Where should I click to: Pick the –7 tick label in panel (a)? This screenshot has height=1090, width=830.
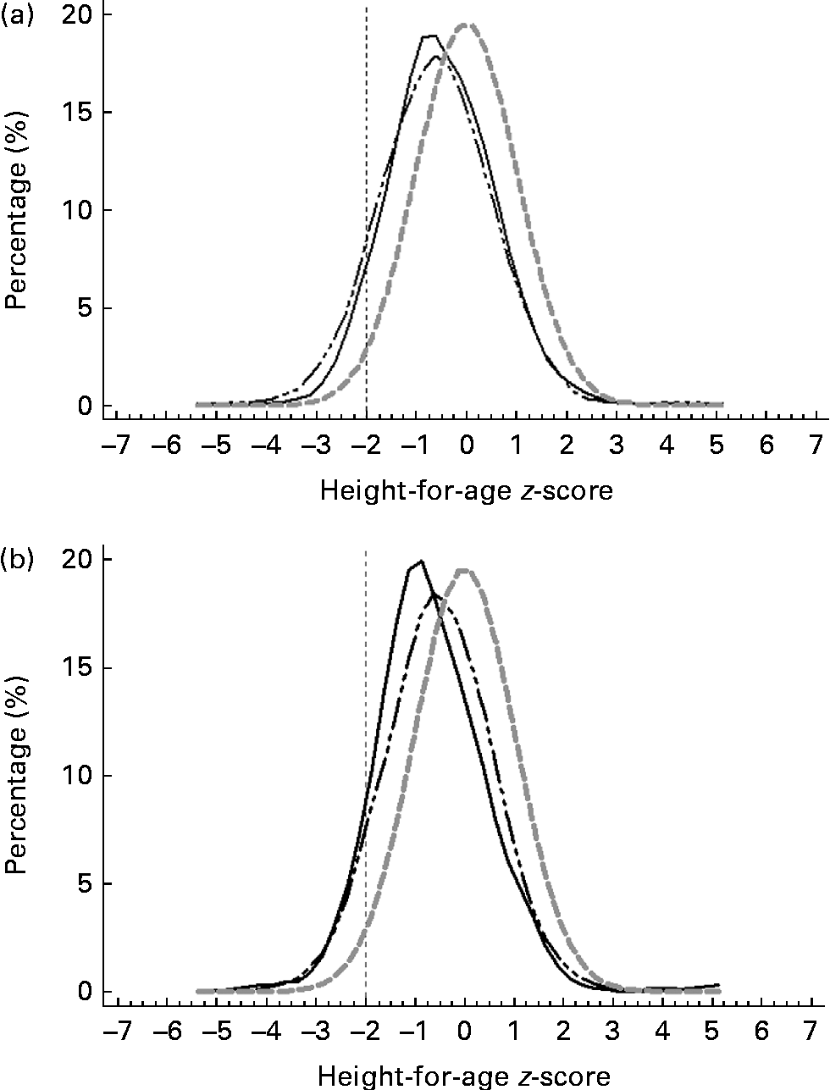pyautogui.click(x=115, y=445)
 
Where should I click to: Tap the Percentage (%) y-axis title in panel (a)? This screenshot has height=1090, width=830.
pyautogui.click(x=19, y=212)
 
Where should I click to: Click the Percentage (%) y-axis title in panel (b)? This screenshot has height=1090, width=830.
pyautogui.click(x=19, y=777)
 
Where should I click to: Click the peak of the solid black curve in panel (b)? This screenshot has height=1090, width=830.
pyautogui.click(x=420, y=561)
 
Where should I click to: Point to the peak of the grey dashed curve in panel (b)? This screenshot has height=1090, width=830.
pyautogui.click(x=465, y=569)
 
